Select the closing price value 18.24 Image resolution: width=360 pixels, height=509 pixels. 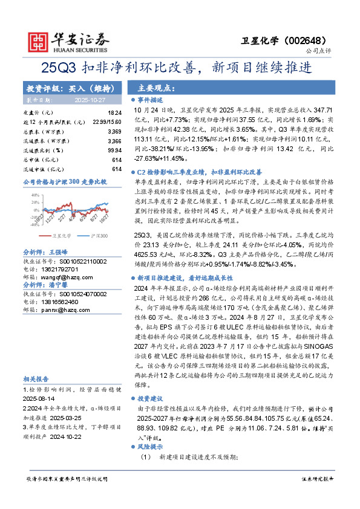coord(114,113)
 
